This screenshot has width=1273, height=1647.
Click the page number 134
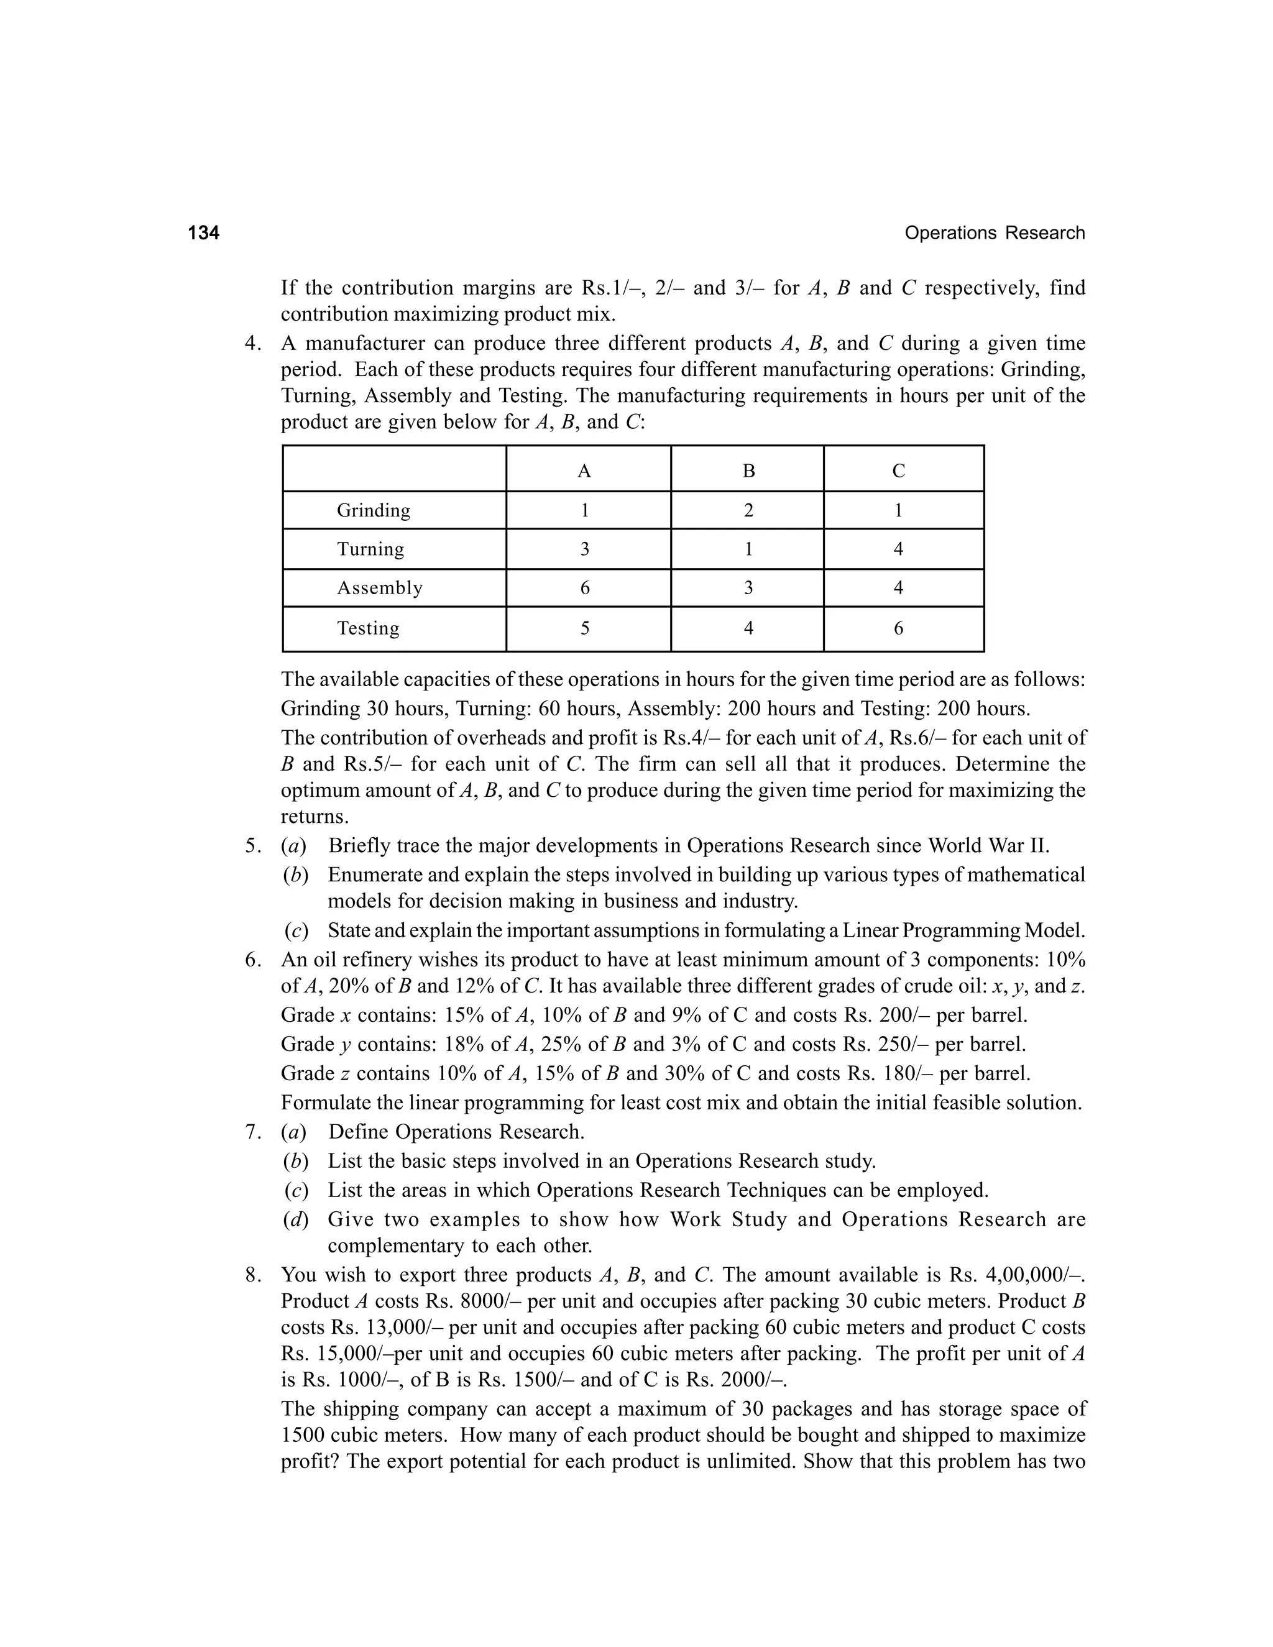coord(204,233)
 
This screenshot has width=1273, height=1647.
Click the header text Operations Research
coord(994,233)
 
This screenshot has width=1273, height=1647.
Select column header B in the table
coord(748,471)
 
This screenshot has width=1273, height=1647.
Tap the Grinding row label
coord(374,510)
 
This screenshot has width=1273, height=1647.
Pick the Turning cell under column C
coord(898,549)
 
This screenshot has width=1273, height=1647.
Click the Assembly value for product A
coord(584,588)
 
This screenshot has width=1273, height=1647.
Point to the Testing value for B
coord(748,628)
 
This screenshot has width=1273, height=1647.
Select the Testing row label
coord(368,628)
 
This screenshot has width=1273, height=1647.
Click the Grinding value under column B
coord(748,510)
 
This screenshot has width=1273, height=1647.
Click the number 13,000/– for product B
coord(406,1328)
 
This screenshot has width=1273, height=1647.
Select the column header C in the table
coord(898,471)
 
